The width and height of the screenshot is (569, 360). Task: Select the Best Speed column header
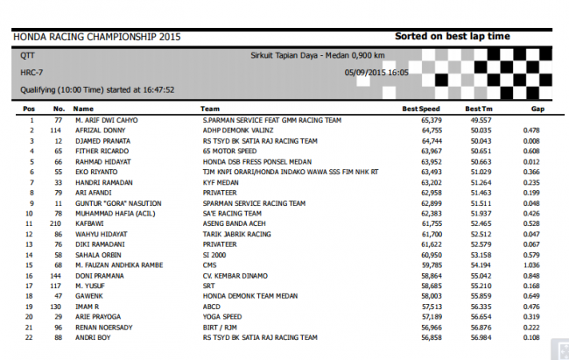(417, 109)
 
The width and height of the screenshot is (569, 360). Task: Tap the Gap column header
(537, 109)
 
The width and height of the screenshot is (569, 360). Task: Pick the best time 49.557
(480, 120)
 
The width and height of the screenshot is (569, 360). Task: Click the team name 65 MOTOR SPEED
(230, 151)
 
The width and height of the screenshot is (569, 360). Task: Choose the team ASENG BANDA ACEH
(234, 223)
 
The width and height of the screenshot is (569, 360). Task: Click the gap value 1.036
(530, 265)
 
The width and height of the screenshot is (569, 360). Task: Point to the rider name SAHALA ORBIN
(99, 254)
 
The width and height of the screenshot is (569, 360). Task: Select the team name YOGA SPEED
(223, 316)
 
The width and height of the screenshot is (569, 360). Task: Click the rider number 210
(59, 223)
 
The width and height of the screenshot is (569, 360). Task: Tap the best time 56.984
(480, 336)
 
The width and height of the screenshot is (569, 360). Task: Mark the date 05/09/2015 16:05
(376, 72)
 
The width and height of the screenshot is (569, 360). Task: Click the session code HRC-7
(32, 72)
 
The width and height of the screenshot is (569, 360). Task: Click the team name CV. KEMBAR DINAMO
(236, 274)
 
